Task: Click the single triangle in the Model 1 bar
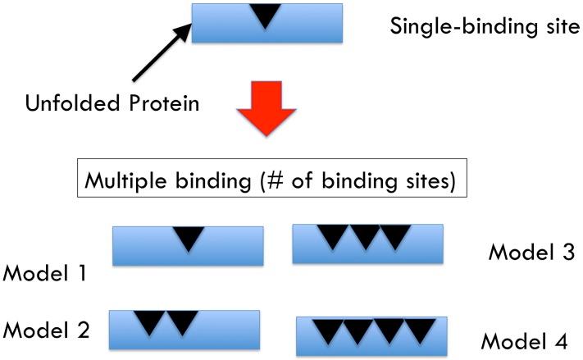189,238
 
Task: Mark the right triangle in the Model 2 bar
183,322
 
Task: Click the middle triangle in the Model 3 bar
362,236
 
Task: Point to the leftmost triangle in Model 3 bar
332,236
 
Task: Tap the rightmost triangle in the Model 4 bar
420,330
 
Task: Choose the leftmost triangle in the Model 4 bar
327,330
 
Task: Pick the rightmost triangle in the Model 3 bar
394,236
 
